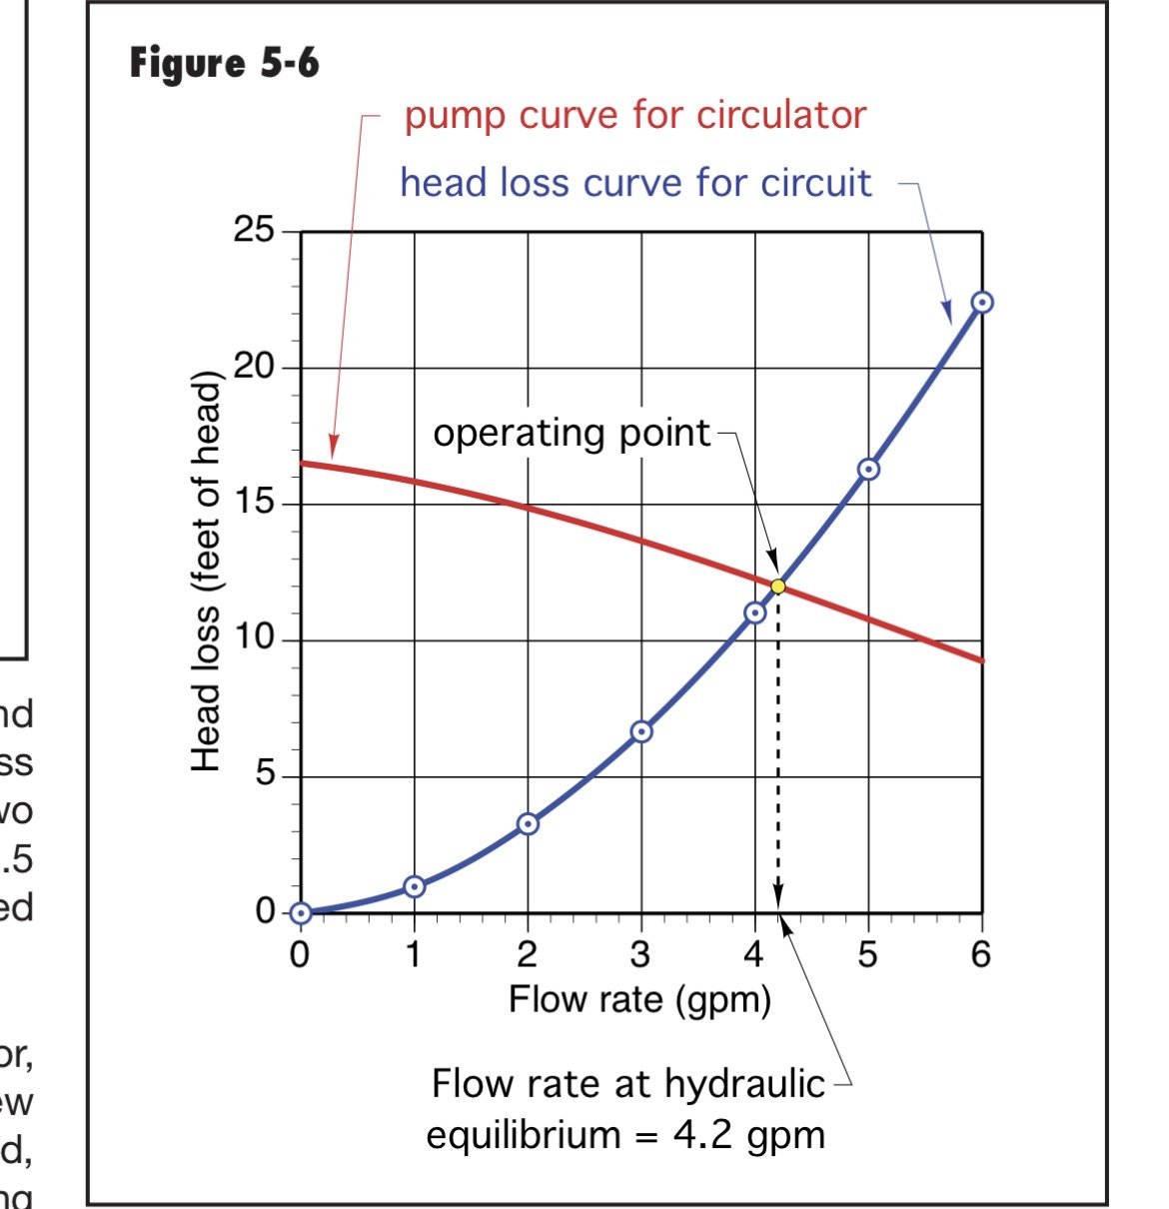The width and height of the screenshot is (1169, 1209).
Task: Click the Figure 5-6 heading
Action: tap(224, 64)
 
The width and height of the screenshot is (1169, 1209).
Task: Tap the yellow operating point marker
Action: tap(777, 587)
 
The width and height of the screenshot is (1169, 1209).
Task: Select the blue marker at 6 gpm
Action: tap(982, 302)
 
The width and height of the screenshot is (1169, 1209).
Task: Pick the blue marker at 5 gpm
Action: tap(868, 469)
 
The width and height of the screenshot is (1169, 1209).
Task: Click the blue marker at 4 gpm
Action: tap(755, 612)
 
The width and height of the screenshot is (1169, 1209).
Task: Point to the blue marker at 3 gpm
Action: tap(641, 731)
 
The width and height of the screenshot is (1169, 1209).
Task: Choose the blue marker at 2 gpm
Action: tap(528, 823)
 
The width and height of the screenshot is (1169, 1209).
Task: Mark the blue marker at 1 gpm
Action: tap(415, 886)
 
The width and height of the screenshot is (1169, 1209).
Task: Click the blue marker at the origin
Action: tap(301, 912)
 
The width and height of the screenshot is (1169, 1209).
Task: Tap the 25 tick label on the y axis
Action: tap(253, 231)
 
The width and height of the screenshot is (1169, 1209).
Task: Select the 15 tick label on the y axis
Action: tap(253, 503)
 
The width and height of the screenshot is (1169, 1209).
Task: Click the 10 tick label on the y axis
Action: tap(253, 638)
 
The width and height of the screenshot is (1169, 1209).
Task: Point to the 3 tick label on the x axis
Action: tap(640, 955)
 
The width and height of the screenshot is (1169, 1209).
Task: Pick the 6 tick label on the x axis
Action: tap(981, 955)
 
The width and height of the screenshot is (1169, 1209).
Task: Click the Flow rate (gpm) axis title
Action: tap(639, 999)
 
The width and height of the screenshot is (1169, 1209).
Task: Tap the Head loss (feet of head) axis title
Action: tap(206, 572)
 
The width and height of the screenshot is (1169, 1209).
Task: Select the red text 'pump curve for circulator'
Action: tap(634, 116)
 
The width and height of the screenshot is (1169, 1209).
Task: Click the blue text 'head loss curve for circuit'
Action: tap(635, 183)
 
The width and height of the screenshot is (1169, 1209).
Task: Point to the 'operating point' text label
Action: tap(572, 433)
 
